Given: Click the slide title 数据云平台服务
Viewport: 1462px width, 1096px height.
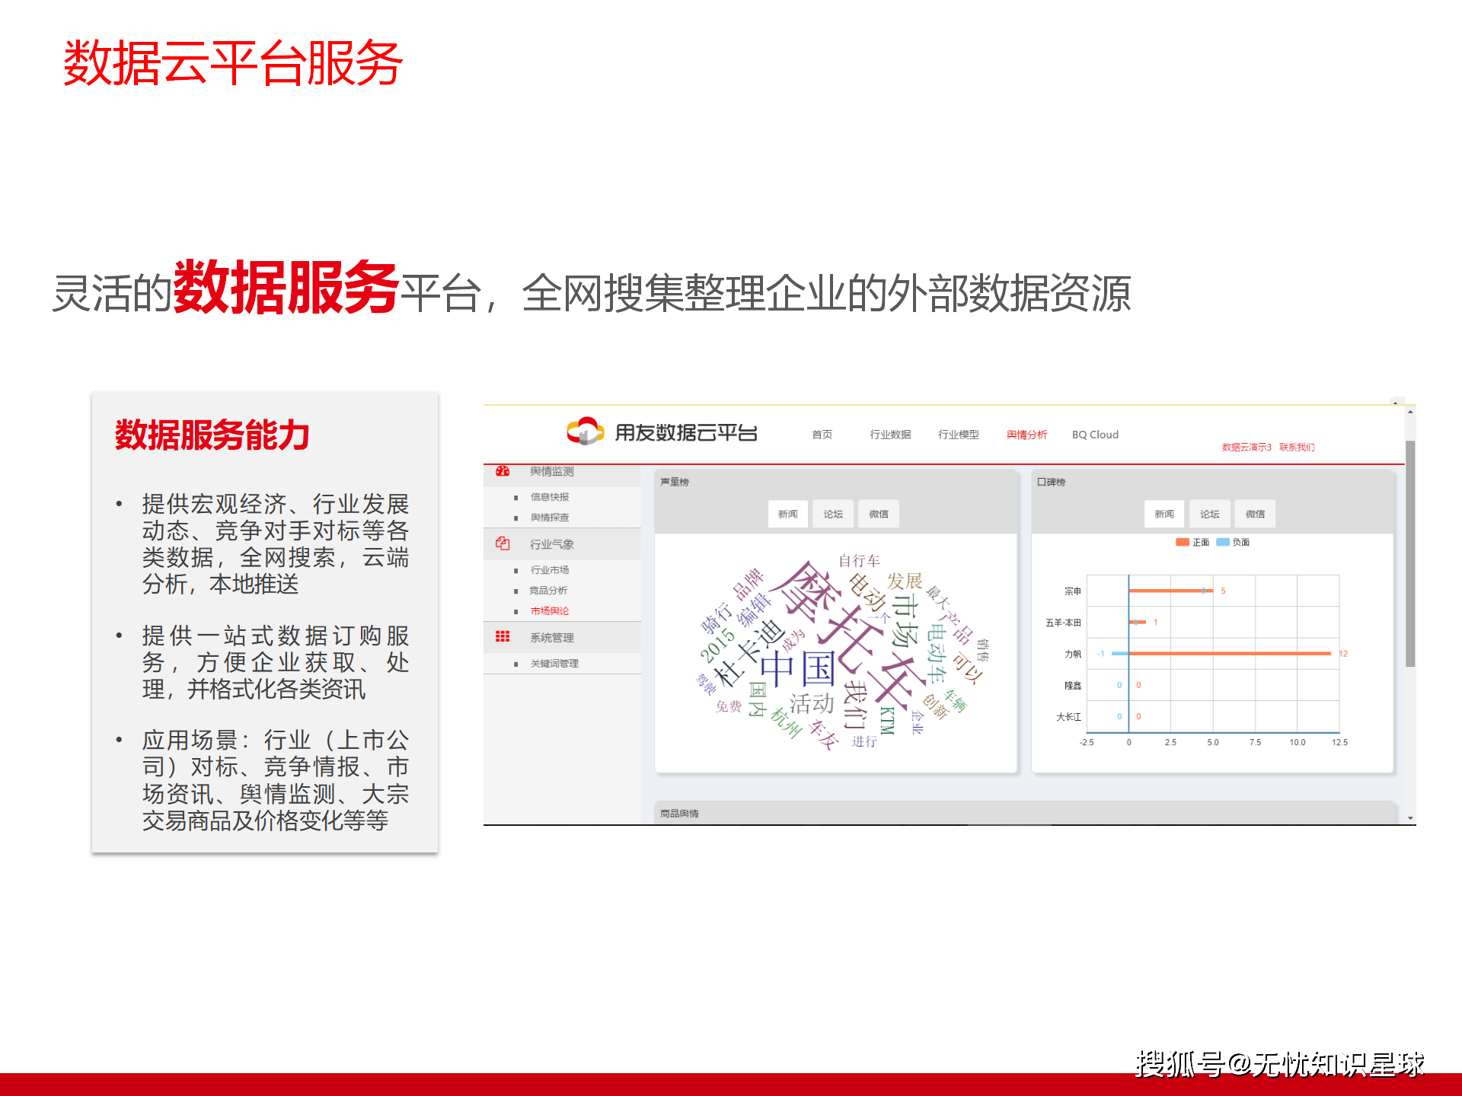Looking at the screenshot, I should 232,62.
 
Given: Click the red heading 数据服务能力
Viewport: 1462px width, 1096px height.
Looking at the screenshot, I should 212,435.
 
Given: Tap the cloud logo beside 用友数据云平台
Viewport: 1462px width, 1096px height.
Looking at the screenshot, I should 585,431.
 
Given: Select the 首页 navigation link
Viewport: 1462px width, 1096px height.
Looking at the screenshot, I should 822,435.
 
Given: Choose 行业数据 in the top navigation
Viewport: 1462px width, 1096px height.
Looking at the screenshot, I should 890,435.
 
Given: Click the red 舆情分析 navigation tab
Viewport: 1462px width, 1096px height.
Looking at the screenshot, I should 1026,435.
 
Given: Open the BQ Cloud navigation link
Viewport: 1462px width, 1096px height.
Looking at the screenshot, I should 1095,435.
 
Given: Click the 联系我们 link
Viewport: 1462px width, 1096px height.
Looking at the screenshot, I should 1297,448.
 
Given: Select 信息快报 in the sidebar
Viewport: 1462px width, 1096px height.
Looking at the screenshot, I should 550,497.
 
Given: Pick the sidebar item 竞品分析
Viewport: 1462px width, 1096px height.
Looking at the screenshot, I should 548,591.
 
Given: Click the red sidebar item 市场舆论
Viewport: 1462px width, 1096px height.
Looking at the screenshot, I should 550,611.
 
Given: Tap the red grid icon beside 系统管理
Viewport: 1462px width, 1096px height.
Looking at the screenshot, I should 503,637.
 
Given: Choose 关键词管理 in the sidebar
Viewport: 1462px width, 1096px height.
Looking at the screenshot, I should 554,664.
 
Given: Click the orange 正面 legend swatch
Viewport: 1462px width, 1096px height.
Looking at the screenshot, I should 1183,543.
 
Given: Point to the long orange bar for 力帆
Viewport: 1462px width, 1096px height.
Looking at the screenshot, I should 1229,654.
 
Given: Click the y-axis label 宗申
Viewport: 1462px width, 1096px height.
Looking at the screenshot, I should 1072,591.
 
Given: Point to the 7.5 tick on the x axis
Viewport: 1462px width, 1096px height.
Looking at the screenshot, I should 1255,742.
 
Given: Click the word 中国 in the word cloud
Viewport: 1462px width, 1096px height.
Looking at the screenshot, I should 798,668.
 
